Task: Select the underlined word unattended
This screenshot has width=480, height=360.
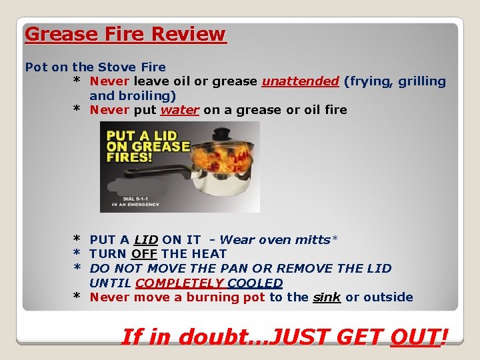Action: coord(301,81)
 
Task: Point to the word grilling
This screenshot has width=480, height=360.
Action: coord(422,81)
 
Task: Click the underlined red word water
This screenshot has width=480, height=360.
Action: coord(180,110)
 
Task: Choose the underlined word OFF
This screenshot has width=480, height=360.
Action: coord(144,254)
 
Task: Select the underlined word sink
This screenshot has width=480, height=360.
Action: coord(327,297)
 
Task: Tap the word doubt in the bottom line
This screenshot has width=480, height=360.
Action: coord(207,337)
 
